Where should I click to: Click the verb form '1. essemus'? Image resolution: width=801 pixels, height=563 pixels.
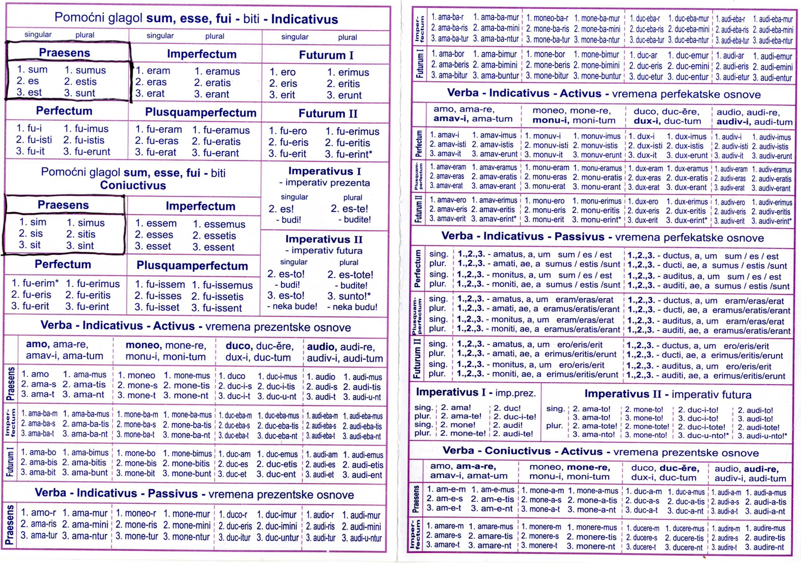pyautogui.click(x=219, y=224)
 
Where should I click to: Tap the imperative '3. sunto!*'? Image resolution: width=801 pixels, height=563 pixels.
pyautogui.click(x=349, y=296)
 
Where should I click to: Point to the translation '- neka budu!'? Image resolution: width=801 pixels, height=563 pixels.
pyautogui.click(x=352, y=307)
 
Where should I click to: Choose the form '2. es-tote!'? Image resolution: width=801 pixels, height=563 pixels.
pyautogui.click(x=350, y=275)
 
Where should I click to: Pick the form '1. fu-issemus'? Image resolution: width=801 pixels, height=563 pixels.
pyautogui.click(x=222, y=285)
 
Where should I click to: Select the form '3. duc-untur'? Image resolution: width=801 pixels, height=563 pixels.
pyautogui.click(x=277, y=538)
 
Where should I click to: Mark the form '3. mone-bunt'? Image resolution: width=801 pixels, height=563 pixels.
pyautogui.click(x=187, y=474)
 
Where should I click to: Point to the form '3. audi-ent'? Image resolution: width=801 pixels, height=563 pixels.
pyautogui.click(x=362, y=475)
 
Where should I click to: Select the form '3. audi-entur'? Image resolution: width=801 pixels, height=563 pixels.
pyautogui.click(x=772, y=78)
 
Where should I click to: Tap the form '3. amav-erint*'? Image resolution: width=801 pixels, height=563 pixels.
pyautogui.click(x=494, y=219)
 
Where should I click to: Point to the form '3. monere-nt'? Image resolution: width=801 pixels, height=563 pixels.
pyautogui.click(x=591, y=546)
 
